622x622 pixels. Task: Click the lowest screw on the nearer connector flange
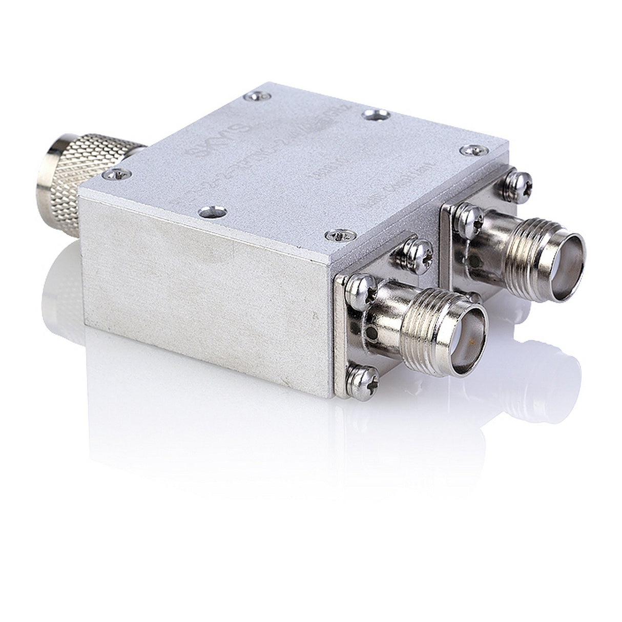[x=363, y=378]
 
